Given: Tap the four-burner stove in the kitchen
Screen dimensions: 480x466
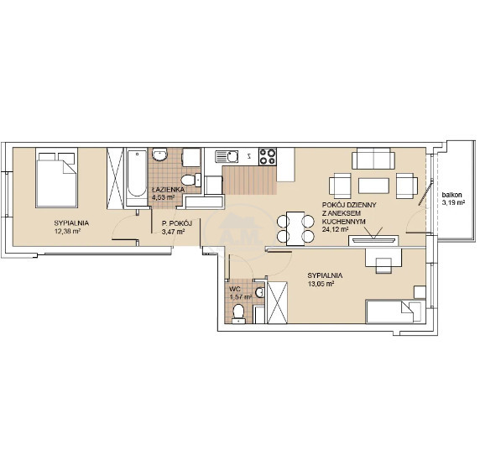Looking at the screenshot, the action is coord(268,156).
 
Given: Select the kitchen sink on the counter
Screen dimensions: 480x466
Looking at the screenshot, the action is coord(227,156).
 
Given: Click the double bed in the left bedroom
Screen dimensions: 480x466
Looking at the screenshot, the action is coord(56,178).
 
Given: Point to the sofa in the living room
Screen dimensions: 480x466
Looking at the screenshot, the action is coord(373,159).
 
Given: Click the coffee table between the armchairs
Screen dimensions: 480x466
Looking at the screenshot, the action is coord(373,186).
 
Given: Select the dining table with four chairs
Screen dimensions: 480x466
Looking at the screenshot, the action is coord(295,228).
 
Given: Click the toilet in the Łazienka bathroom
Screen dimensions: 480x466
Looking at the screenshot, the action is coord(190,181).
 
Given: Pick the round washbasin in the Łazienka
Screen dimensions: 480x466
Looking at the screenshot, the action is coord(159,154).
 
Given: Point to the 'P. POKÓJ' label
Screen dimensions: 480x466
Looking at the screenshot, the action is coord(176,223).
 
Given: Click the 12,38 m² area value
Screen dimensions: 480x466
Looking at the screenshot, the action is coord(67,231).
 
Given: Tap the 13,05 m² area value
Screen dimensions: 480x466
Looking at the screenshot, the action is coord(321,284).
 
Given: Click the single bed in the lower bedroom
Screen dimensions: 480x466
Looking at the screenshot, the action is coord(395,312).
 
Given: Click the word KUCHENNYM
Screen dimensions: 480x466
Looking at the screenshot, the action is coord(344,221).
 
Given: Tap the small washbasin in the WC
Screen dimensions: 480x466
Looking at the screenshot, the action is coord(260,292).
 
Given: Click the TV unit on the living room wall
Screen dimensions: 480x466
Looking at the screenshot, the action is coord(373,240).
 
